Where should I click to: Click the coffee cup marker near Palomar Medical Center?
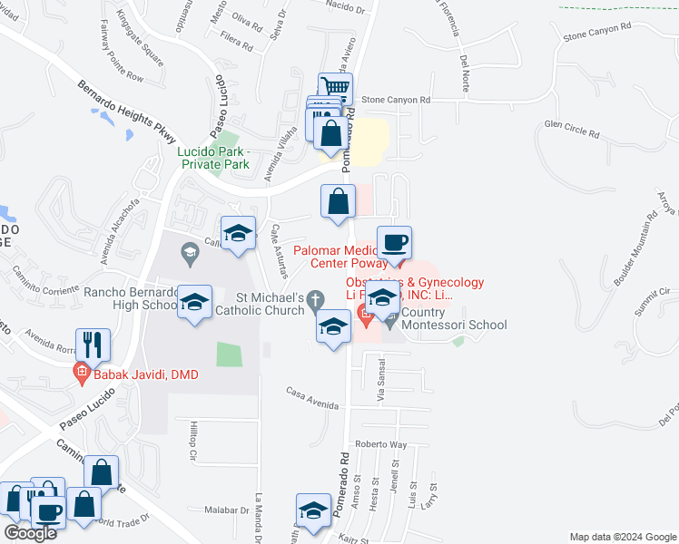(x=394, y=243)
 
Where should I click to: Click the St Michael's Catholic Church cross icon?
(x=316, y=298)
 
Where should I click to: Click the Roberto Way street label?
(x=380, y=444)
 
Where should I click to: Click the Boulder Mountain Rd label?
(x=635, y=250)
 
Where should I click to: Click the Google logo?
(x=31, y=533)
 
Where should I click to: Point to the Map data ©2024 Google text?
(x=622, y=537)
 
